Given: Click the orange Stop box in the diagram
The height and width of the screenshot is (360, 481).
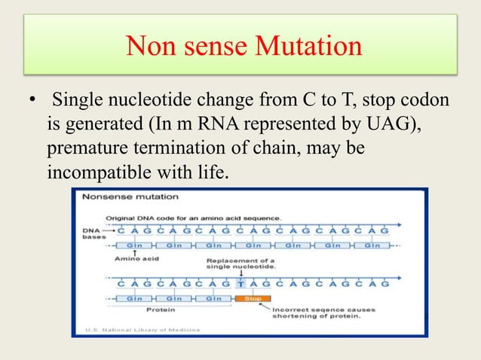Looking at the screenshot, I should pos(252,299).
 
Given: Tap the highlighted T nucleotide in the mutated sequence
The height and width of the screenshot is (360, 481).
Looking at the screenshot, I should pos(240,284).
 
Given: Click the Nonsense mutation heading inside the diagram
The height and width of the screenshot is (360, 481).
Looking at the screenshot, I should pos(130,197).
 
